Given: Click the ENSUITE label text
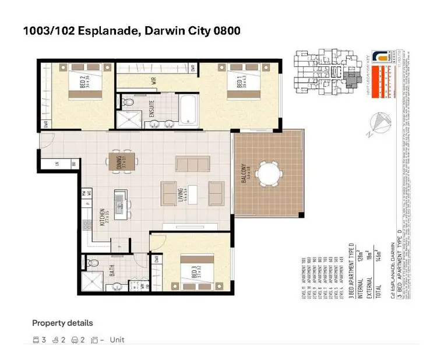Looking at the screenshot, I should pos(152,110).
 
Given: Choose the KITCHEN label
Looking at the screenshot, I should pos(102,216).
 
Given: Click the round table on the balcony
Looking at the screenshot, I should pos(270,173).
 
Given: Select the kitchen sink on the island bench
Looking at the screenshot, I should pos(119,202).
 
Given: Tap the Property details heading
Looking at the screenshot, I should pos(62,323).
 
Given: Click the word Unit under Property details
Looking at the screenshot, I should pos(117,340).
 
